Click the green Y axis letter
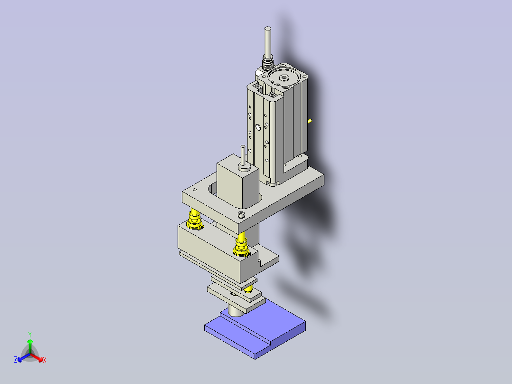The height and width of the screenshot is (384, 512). [x=29, y=334]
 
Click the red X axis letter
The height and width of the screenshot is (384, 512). [x=44, y=360]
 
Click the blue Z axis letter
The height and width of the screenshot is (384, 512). [x=16, y=360]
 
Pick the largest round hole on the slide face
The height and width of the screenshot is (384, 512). [x=257, y=127]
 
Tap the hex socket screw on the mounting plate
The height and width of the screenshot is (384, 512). [x=242, y=215]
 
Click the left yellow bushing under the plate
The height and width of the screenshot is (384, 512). [x=194, y=219]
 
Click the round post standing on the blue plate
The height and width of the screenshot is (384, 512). [x=235, y=310]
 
